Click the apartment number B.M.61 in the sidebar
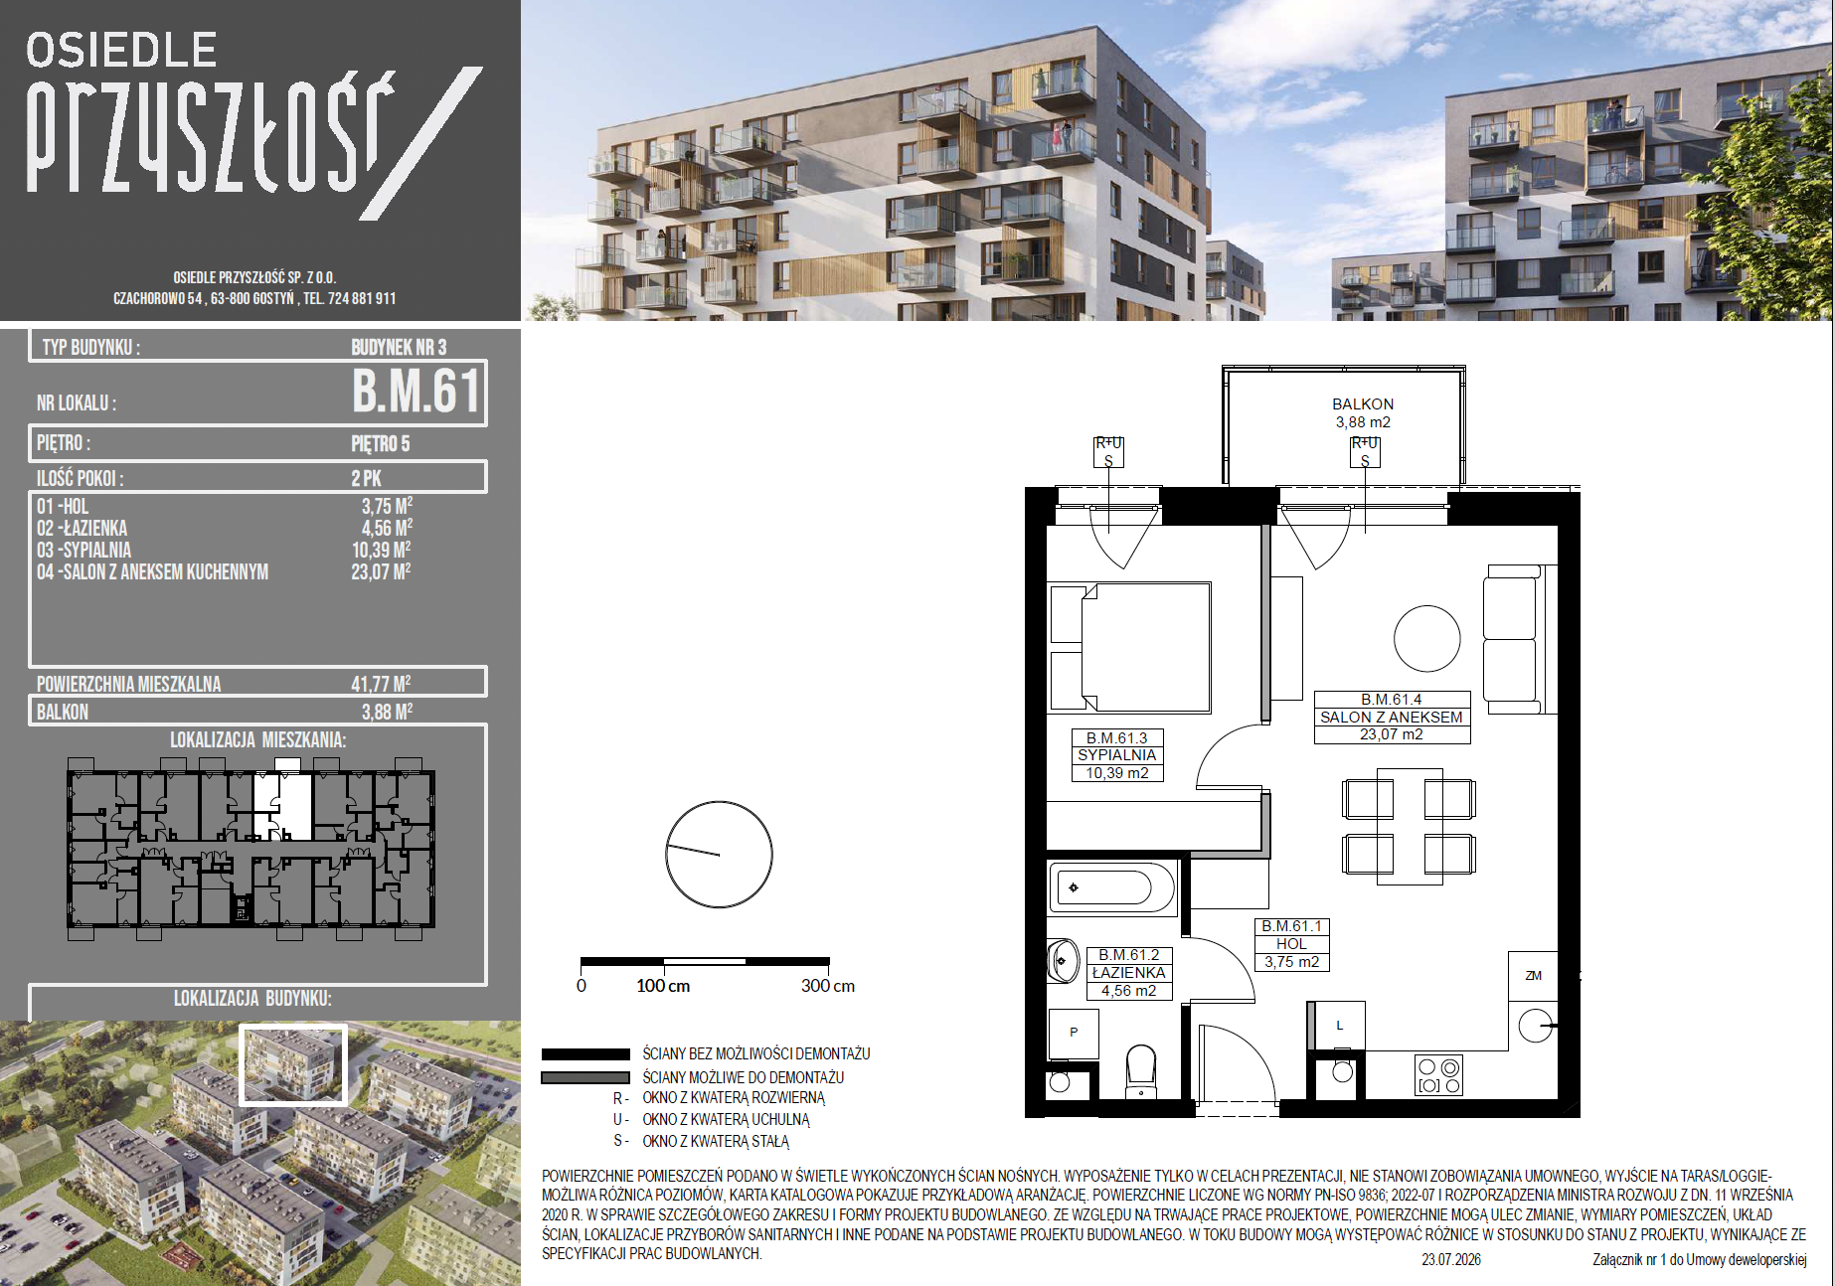pyautogui.click(x=417, y=391)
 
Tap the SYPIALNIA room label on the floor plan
pyautogui.click(x=1116, y=755)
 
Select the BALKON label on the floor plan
pyautogui.click(x=1363, y=404)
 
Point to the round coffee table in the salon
pyautogui.click(x=1426, y=639)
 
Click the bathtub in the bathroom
pyautogui.click(x=1112, y=886)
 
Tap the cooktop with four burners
pyautogui.click(x=1438, y=1075)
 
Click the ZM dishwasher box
pyautogui.click(x=1533, y=976)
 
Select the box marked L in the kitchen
pyautogui.click(x=1337, y=1026)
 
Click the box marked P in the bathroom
pyautogui.click(x=1074, y=1033)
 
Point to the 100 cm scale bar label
pyautogui.click(x=663, y=986)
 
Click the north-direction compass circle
pyautogui.click(x=719, y=855)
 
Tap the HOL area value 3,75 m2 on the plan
pyautogui.click(x=1291, y=962)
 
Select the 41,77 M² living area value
pyautogui.click(x=381, y=684)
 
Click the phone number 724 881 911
pyautogui.click(x=362, y=298)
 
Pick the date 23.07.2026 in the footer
pyautogui.click(x=1451, y=1259)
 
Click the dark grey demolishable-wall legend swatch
pyautogui.click(x=585, y=1077)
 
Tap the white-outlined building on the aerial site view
pyautogui.click(x=293, y=1064)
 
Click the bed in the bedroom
pyautogui.click(x=1130, y=647)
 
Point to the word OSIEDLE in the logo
pyautogui.click(x=121, y=50)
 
